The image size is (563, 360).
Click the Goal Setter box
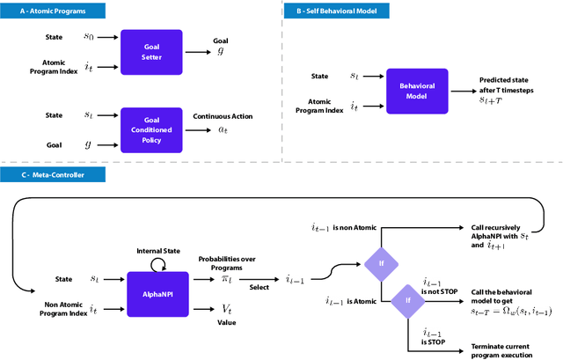point(151,48)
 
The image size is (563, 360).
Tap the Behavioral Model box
point(418,90)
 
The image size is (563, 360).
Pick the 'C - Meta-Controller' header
point(53,175)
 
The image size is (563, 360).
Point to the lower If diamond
point(407,299)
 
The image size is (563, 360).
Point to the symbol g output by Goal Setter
point(220,52)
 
